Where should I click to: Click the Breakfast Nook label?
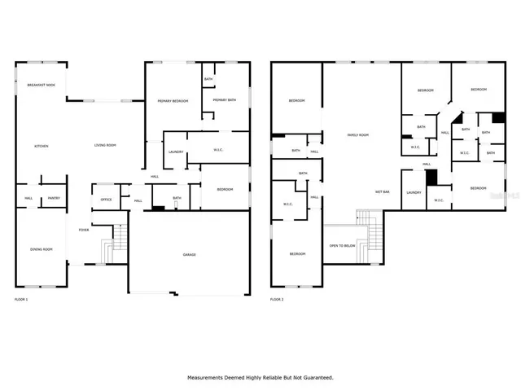click(x=41, y=86)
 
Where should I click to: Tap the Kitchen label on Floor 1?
click(x=41, y=146)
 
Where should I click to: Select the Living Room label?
click(x=105, y=145)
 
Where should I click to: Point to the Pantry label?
click(x=54, y=198)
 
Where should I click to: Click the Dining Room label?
click(x=41, y=249)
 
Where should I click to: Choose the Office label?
click(x=106, y=199)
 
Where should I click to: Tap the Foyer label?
click(x=84, y=231)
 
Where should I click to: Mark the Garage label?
click(x=189, y=255)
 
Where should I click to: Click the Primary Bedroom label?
click(x=173, y=100)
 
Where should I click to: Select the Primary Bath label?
click(x=225, y=100)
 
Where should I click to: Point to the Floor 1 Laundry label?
click(x=175, y=152)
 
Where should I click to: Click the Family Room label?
click(x=358, y=134)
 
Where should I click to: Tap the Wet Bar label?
click(x=381, y=191)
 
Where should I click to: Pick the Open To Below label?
click(x=342, y=245)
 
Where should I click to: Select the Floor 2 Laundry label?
click(x=414, y=192)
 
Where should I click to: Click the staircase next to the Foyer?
click(x=120, y=239)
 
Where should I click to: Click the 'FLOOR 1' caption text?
click(x=21, y=300)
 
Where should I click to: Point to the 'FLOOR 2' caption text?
click(x=277, y=300)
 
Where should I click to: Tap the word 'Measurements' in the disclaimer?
click(x=208, y=377)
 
